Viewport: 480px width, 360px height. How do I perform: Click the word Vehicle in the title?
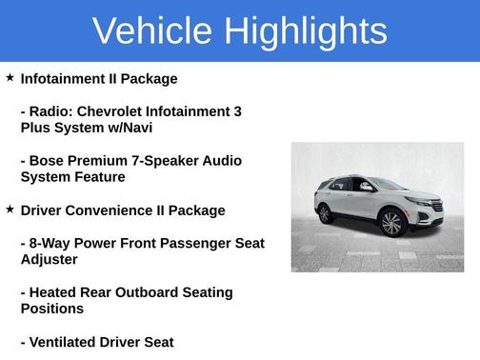coord(152,31)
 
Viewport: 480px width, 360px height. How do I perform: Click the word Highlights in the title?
coord(304,31)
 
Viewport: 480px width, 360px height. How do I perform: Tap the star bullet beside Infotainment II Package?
coord(10,77)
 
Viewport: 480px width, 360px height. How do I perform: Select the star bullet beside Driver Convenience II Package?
coord(10,209)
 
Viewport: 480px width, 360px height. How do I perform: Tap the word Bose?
coord(48,161)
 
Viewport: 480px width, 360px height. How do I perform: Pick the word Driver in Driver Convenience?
coord(43,210)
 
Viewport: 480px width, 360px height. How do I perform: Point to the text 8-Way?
coord(50,243)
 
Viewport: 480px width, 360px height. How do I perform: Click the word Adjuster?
coord(51,259)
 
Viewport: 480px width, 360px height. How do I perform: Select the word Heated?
coord(55,292)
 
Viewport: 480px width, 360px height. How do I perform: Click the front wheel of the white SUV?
coord(390,224)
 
